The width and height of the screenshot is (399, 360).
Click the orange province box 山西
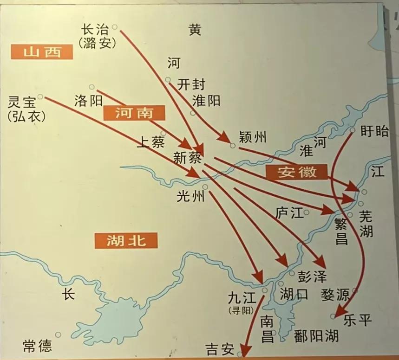[x=42, y=51]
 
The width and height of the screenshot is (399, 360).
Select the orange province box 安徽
[x=297, y=172]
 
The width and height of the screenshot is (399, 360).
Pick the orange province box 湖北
[x=125, y=240]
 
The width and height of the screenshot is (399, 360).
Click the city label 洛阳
[x=89, y=101]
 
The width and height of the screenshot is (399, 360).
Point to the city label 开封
[x=191, y=84]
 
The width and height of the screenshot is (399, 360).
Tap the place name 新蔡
[x=187, y=157]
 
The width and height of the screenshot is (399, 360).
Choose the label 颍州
[x=252, y=137]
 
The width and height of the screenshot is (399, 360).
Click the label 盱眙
[x=374, y=131]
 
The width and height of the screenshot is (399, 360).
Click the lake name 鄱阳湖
[x=316, y=335]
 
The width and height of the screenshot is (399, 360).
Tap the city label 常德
[x=37, y=346]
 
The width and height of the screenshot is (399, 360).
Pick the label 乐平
[x=358, y=320]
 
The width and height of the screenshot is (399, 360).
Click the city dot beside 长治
[x=114, y=27]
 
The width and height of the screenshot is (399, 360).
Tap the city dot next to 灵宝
[x=40, y=96]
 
